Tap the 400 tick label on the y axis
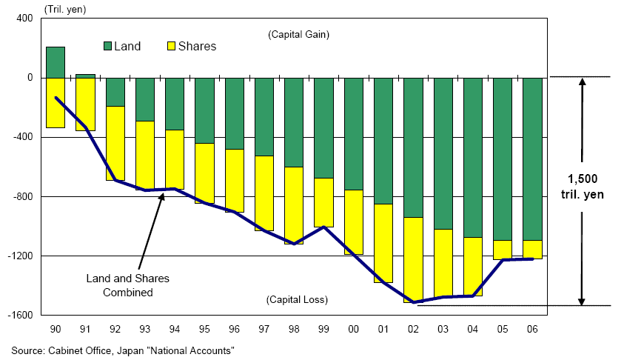tap(24, 18)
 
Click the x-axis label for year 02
tap(413, 328)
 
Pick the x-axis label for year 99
tap(323, 328)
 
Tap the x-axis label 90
tap(56, 328)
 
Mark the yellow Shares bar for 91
tap(85, 104)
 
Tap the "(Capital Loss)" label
tap(297, 299)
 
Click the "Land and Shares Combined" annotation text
tap(128, 285)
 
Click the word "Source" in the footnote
tap(27, 349)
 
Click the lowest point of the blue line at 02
tap(413, 301)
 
